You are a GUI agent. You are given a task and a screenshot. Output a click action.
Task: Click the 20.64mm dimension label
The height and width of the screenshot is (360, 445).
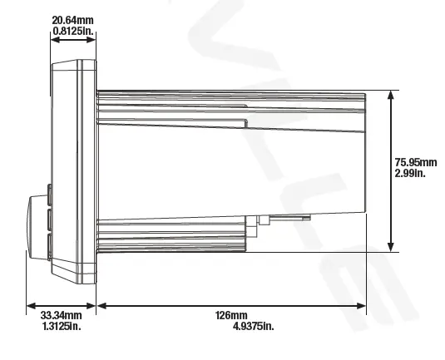tap(72, 18)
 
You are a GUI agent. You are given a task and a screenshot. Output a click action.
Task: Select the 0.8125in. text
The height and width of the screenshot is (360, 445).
tap(73, 30)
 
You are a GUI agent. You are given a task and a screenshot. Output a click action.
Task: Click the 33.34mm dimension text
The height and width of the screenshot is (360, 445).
tap(61, 315)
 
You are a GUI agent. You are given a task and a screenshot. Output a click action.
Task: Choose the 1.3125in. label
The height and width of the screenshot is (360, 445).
tap(62, 326)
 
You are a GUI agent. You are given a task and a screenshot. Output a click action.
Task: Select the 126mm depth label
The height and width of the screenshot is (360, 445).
tap(232, 315)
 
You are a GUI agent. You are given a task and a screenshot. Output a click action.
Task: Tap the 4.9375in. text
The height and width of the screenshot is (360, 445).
tap(254, 326)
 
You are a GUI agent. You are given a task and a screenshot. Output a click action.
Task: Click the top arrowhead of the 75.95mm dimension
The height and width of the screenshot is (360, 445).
tap(390, 95)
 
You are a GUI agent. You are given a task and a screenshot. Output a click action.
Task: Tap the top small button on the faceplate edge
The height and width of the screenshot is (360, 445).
tap(50, 195)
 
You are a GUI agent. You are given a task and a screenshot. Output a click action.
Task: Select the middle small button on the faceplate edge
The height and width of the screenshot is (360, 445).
tap(50, 219)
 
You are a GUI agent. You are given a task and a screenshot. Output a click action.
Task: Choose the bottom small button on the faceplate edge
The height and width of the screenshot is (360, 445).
tap(50, 244)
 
